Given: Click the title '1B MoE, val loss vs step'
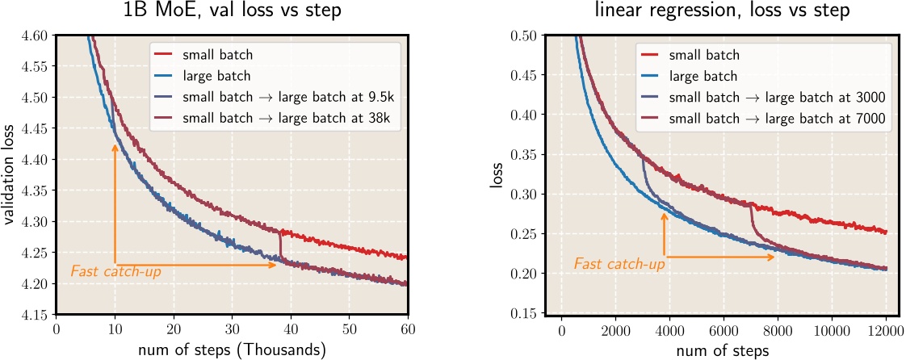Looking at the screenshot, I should [233, 13].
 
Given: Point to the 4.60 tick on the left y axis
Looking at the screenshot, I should [35, 36].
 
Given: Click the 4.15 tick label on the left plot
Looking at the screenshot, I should [35, 314].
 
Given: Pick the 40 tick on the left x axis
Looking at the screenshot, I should [291, 329].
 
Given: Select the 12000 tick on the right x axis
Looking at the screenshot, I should [886, 329].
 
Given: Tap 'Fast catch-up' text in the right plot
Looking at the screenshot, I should [619, 264].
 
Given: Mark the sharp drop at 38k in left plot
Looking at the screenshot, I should [279, 244].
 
